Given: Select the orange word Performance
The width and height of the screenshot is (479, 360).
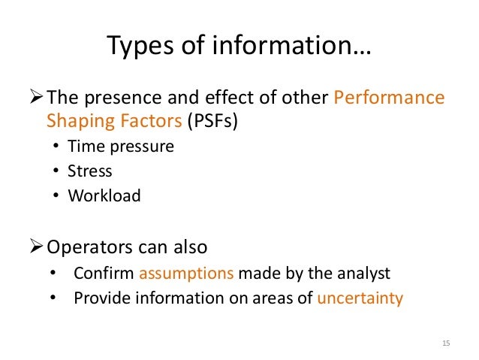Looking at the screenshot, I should [x=388, y=98].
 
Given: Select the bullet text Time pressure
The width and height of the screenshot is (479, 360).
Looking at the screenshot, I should [x=120, y=147].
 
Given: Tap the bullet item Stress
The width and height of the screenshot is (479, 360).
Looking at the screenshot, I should [x=89, y=171].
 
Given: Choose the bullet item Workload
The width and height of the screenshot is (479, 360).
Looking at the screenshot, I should [x=104, y=195].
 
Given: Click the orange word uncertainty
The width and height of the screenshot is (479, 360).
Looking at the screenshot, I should [x=360, y=298].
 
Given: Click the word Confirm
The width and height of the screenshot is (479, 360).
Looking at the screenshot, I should [x=104, y=274].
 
